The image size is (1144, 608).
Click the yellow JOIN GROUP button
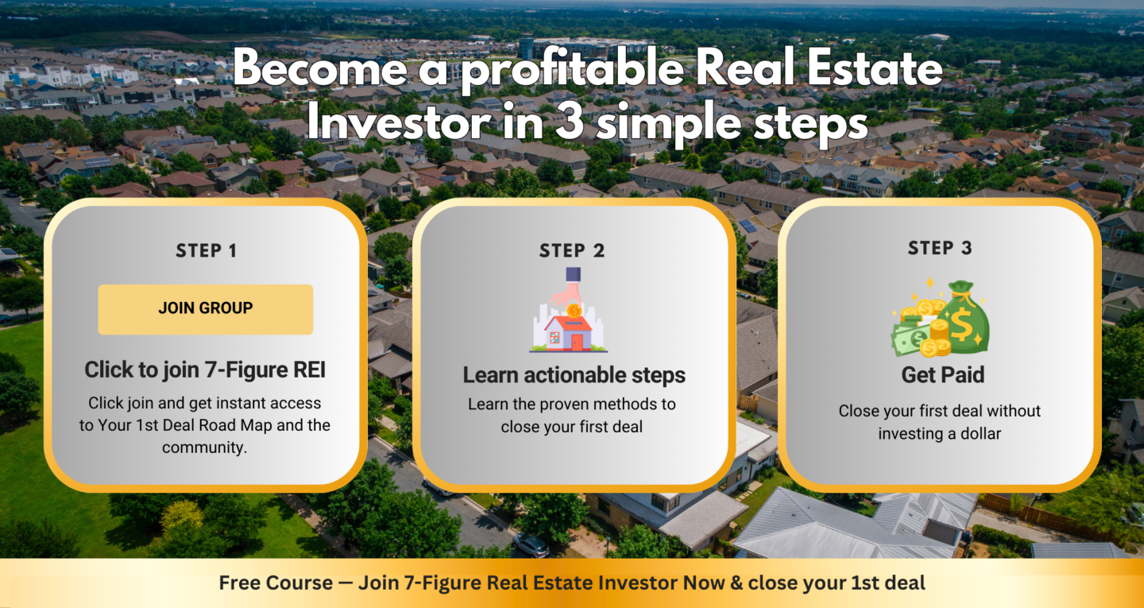pos(205,309)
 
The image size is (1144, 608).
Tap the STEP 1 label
pos(206,251)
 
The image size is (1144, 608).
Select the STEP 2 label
pos(572,251)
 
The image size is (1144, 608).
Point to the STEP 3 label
pos(940,248)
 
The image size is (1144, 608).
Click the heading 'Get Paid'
pos(943,374)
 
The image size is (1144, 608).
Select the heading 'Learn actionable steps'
pos(574,375)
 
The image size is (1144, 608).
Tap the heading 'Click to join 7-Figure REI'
pos(205,370)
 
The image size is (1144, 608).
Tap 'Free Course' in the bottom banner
pos(276,583)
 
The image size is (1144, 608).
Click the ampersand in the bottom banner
pos(735,583)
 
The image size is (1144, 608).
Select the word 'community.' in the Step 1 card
pos(205,447)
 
